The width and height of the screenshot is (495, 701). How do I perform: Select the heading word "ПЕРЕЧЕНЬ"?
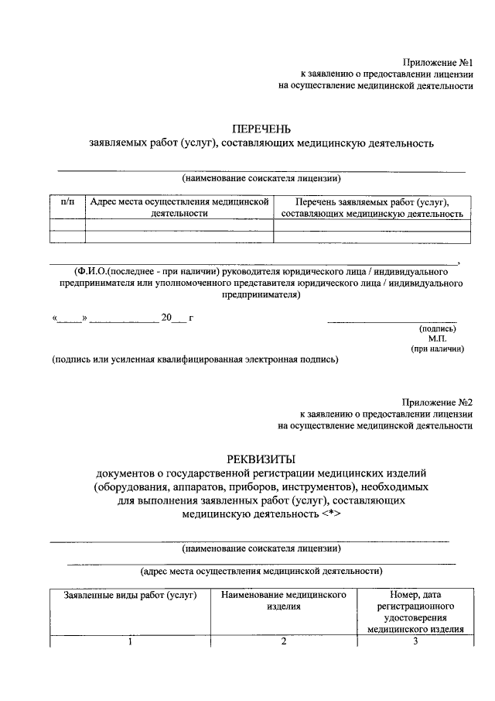(x=261, y=129)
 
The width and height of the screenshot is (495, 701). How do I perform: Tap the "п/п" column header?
(x=67, y=201)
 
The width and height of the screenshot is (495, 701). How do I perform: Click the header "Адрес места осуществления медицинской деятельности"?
(x=179, y=207)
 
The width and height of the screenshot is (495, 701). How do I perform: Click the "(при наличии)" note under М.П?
(x=438, y=349)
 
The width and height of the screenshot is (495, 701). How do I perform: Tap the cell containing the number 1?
(x=129, y=641)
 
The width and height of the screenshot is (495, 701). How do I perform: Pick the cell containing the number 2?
(x=283, y=641)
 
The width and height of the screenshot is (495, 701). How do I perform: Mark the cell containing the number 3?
(x=415, y=641)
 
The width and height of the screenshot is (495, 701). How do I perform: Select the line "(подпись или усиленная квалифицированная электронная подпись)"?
(x=196, y=359)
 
